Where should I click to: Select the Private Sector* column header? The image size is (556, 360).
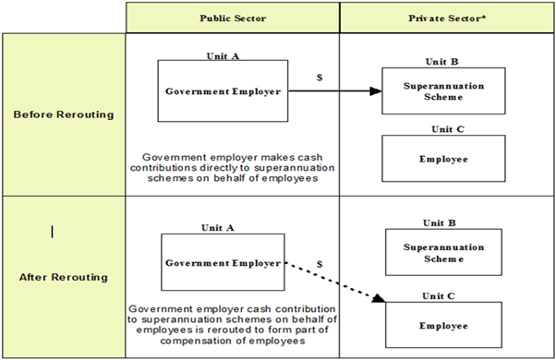point(446,18)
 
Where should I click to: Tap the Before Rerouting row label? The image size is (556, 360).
point(62,114)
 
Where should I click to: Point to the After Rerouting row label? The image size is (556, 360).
point(62,277)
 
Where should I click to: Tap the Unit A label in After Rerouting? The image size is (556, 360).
point(219,226)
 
